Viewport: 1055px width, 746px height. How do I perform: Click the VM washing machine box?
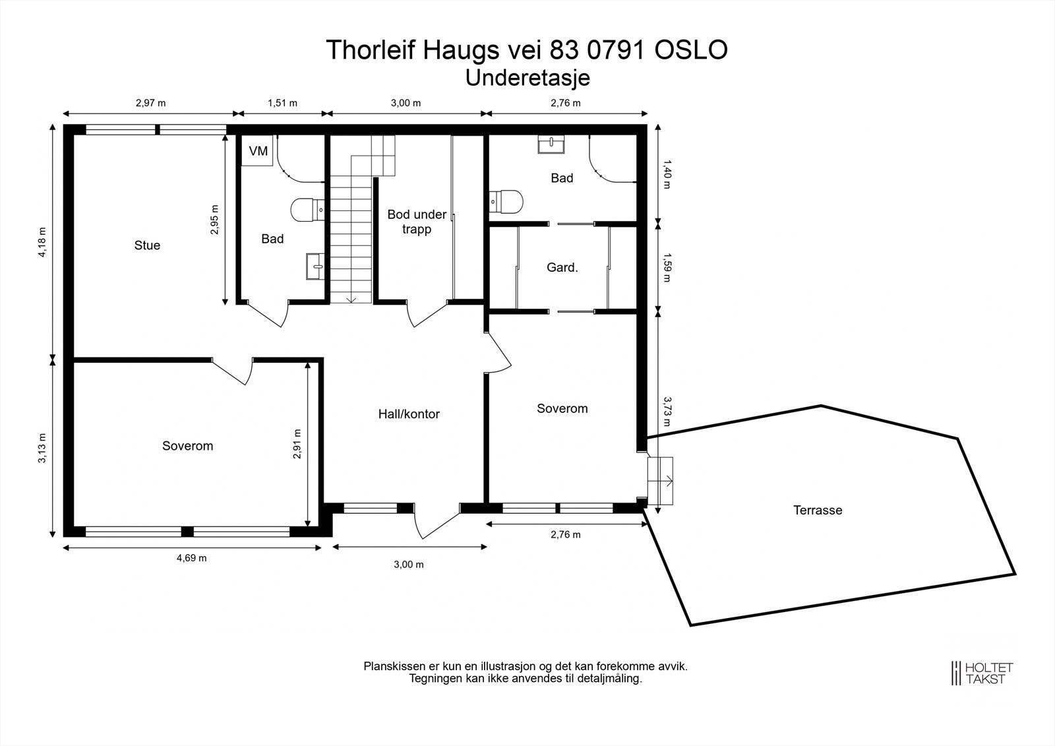[258, 151]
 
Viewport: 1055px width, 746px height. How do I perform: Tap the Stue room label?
[147, 245]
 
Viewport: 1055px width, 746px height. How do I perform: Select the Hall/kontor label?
[409, 414]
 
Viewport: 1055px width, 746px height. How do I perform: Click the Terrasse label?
[818, 510]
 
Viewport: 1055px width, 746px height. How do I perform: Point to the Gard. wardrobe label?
[562, 267]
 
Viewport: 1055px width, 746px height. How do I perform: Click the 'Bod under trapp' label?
[417, 222]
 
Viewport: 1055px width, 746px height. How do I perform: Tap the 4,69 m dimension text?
[192, 558]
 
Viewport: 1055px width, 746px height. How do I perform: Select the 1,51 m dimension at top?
[283, 103]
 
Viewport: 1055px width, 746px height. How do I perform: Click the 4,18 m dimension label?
[42, 242]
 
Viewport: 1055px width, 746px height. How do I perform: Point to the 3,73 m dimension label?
[667, 412]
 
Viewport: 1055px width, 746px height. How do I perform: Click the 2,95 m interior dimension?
[214, 220]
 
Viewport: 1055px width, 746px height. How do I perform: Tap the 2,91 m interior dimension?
[297, 443]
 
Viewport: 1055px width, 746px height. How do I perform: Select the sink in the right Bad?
[551, 144]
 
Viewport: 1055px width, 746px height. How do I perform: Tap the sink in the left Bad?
[315, 266]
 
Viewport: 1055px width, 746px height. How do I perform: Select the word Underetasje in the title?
[527, 78]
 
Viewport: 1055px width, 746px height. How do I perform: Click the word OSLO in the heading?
[691, 50]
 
